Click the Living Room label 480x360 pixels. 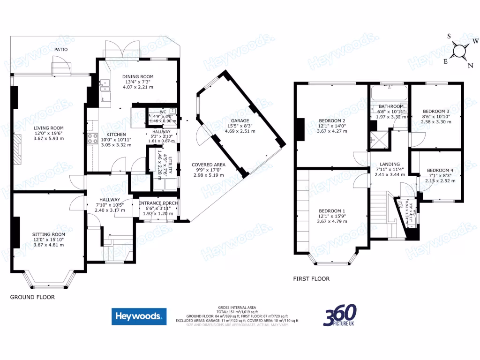tap(48, 127)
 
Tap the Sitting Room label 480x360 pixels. tap(48, 234)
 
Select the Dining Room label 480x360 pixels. tap(138, 77)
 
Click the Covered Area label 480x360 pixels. tap(209, 165)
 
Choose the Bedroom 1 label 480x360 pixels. tap(331, 210)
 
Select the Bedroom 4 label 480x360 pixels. tap(439, 170)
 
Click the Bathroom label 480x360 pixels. tap(391, 106)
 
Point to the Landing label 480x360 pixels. tap(389, 164)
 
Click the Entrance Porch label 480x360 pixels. tap(158, 203)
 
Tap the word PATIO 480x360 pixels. tap(61, 49)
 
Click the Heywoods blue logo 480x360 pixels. tap(139, 316)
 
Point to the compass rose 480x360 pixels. tap(461, 50)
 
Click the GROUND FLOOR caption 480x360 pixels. tap(32, 297)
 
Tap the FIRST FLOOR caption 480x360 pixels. tap(311, 278)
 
